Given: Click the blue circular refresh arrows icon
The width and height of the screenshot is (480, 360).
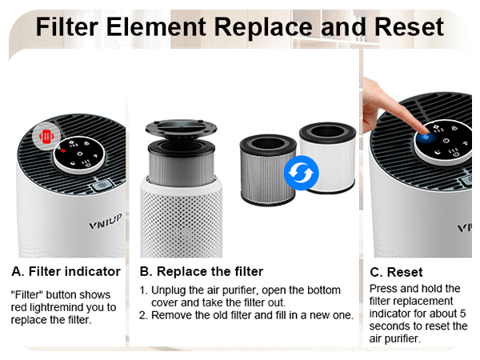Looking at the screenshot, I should click(x=302, y=173).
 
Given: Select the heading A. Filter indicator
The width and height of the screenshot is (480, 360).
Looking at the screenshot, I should click(x=66, y=271).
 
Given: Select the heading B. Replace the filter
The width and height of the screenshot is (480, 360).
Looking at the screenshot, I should click(x=201, y=271).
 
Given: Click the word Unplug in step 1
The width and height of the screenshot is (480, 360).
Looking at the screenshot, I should click(x=171, y=290).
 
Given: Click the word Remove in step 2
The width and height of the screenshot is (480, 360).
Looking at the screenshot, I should click(x=173, y=315).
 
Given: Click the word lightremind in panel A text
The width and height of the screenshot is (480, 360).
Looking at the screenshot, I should click(x=66, y=308).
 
